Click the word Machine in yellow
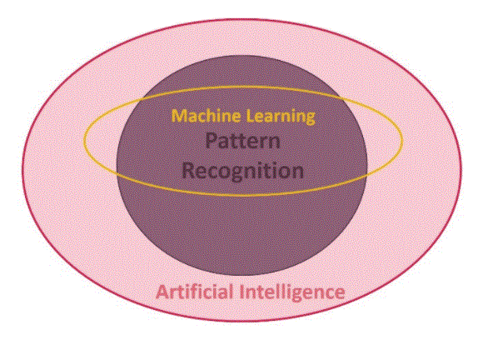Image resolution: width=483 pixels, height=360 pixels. pyautogui.click(x=206, y=116)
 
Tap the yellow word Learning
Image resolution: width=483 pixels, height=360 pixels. pyautogui.click(x=281, y=117)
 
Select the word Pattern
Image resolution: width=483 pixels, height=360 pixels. pyautogui.click(x=242, y=141)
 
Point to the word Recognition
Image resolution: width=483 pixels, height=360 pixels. pyautogui.click(x=242, y=171)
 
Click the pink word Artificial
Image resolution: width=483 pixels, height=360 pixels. pyautogui.click(x=194, y=292)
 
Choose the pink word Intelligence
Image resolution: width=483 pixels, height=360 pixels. pyautogui.click(x=292, y=292)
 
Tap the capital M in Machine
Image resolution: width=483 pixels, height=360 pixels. pyautogui.click(x=179, y=116)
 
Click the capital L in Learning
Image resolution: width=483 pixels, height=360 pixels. pyautogui.click(x=251, y=116)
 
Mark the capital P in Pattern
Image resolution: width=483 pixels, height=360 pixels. pyautogui.click(x=211, y=141)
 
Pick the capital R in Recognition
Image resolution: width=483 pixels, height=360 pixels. pyautogui.click(x=188, y=171)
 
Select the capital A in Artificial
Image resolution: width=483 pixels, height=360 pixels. pyautogui.click(x=163, y=292)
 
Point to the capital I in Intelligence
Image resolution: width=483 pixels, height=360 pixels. pyautogui.click(x=242, y=292)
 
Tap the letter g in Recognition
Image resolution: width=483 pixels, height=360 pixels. pyautogui.click(x=231, y=174)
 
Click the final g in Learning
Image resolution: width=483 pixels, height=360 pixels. pyautogui.click(x=310, y=118)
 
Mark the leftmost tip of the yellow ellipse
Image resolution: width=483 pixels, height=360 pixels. pyautogui.click(x=84, y=141)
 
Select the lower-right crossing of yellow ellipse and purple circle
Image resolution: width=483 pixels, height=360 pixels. pyautogui.click(x=364, y=177)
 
